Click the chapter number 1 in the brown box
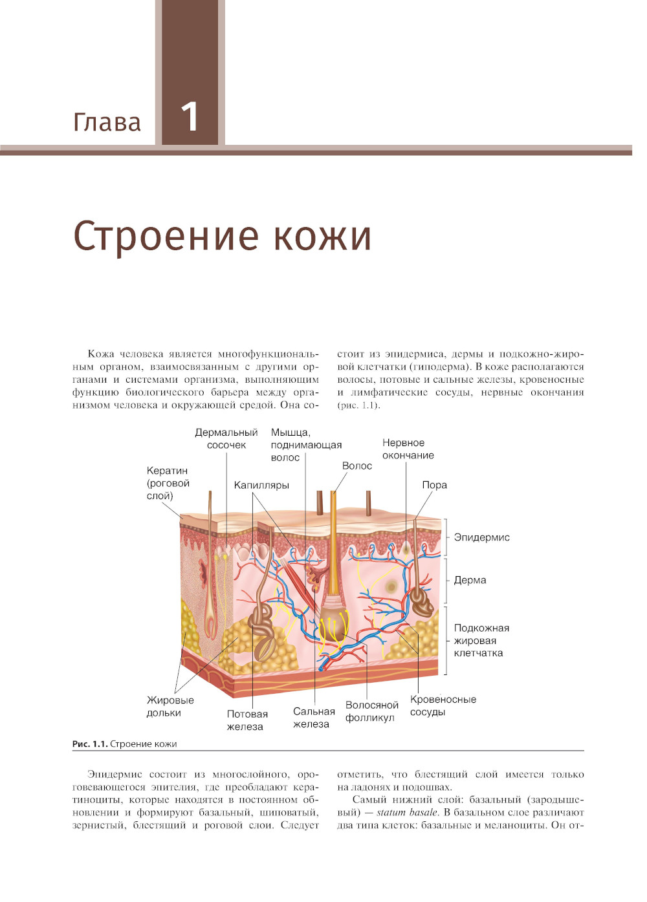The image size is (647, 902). click(x=190, y=117)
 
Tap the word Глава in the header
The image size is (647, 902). click(x=107, y=122)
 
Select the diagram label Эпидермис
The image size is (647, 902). click(x=481, y=537)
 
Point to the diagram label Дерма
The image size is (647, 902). click(x=470, y=580)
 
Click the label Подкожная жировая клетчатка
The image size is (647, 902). click(x=481, y=640)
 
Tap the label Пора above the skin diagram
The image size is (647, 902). click(x=434, y=485)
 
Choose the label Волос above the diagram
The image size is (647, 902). click(x=356, y=466)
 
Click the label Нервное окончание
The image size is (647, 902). click(x=408, y=449)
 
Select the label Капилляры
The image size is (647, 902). click(x=261, y=485)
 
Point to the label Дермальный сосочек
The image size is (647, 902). click(x=226, y=438)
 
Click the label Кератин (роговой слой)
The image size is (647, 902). click(x=168, y=483)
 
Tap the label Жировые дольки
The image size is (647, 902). click(x=170, y=706)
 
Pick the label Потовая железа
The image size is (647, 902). click(x=247, y=720)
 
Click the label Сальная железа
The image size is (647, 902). click(x=313, y=718)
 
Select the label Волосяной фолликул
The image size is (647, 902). click(x=371, y=711)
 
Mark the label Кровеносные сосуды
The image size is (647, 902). click(x=443, y=705)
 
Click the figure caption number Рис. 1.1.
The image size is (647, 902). click(x=89, y=744)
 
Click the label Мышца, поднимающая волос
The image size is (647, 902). click(x=305, y=445)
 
